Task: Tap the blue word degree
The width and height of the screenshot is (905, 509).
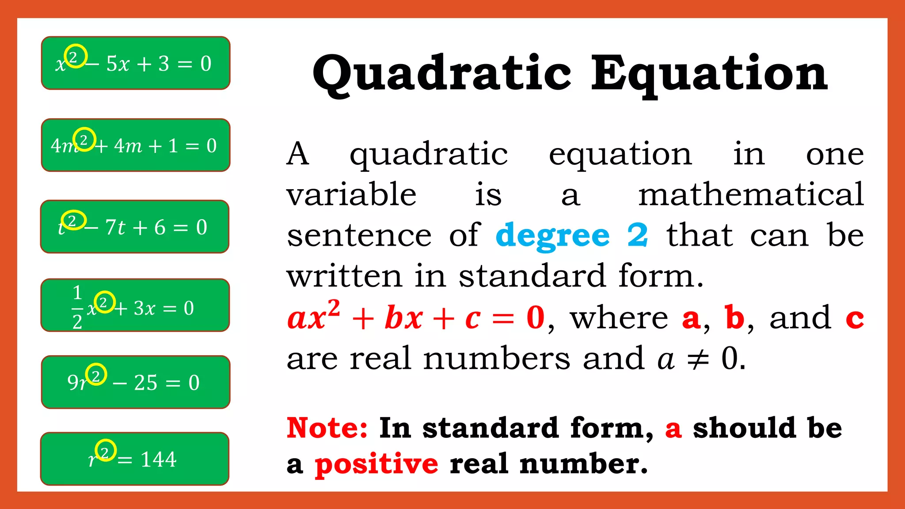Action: point(553,236)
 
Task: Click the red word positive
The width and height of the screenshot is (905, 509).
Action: point(376,464)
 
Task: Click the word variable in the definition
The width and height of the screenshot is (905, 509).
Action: point(351,194)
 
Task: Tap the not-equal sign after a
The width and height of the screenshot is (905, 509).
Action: point(698,359)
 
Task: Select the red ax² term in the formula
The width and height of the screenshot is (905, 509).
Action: point(314,315)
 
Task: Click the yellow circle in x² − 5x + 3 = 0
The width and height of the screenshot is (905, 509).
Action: point(76,56)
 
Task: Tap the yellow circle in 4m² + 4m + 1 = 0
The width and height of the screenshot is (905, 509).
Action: point(84,139)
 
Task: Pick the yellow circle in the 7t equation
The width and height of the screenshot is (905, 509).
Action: point(73,220)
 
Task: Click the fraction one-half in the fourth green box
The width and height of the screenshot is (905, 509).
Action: point(77,308)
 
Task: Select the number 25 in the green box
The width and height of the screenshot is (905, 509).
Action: point(145,383)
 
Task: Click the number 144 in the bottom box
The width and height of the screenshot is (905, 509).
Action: point(159,460)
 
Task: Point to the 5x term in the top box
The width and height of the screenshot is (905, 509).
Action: point(118,64)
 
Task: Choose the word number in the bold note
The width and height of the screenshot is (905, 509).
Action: point(583,464)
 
